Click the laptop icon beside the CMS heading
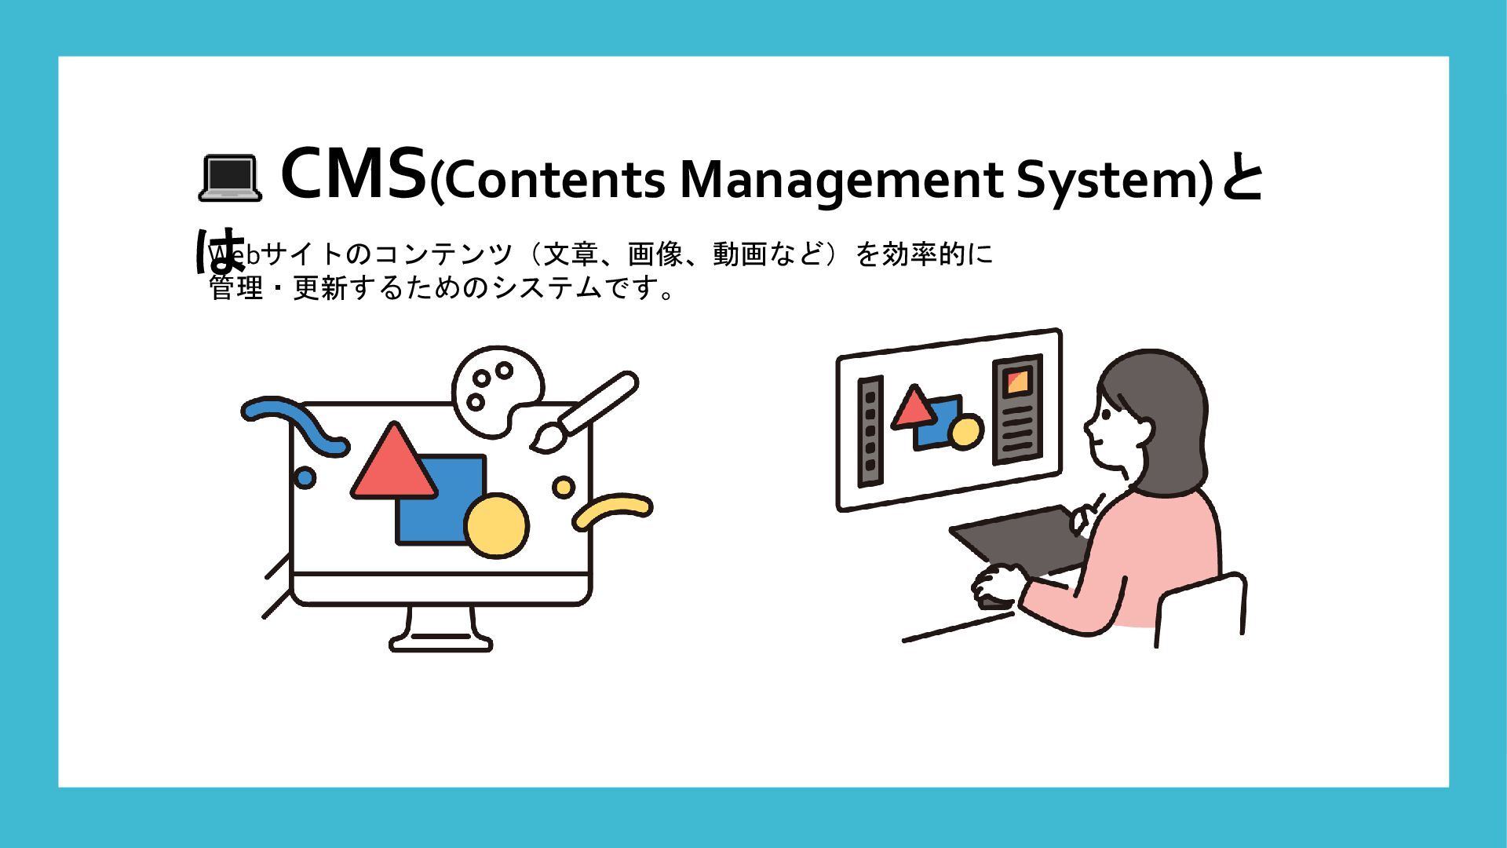(x=228, y=178)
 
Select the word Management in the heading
(x=841, y=181)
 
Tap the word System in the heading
(x=1109, y=181)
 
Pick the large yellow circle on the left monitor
(x=496, y=525)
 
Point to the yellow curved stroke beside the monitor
(x=612, y=510)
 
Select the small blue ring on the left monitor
(x=304, y=477)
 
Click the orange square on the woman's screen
(x=1017, y=382)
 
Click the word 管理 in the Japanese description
(x=236, y=289)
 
